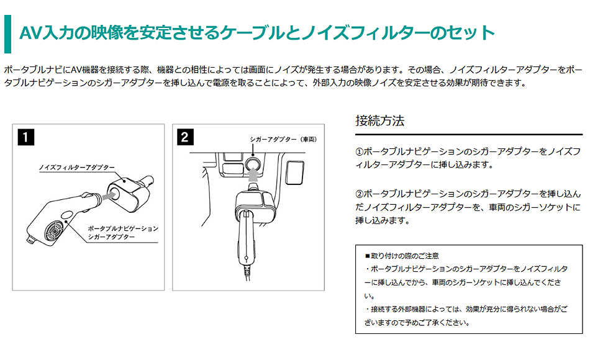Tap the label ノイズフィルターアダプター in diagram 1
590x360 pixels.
click(x=76, y=168)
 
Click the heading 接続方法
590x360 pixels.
click(x=379, y=120)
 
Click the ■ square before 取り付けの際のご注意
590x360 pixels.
click(x=367, y=255)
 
